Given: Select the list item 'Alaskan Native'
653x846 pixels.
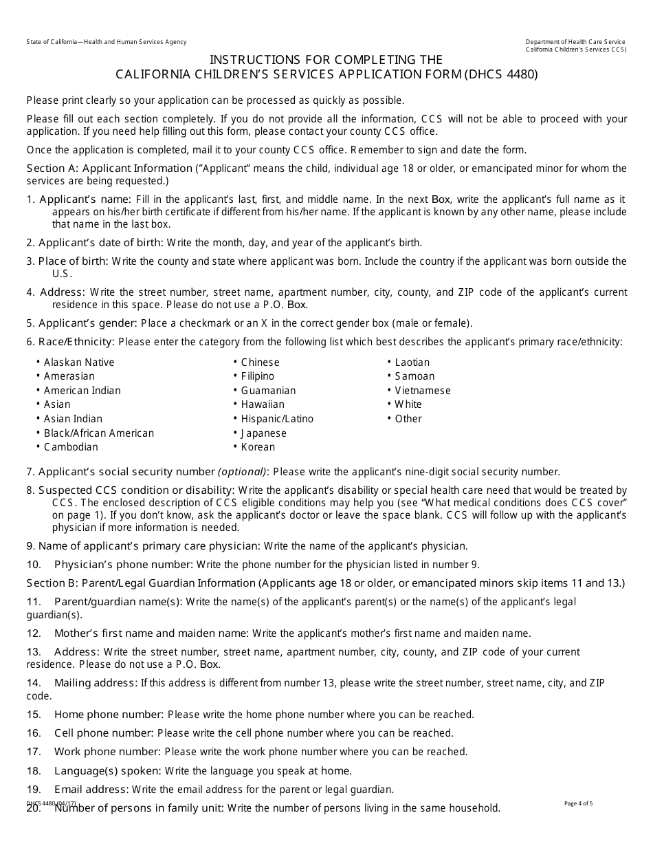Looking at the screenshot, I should tap(79, 362).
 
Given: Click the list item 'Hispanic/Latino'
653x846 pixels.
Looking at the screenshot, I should tap(277, 419).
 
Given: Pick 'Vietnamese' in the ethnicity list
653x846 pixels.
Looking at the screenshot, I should tap(423, 391).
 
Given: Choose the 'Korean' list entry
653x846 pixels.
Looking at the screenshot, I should tap(258, 447).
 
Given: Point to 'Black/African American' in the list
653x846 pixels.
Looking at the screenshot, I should tap(99, 433).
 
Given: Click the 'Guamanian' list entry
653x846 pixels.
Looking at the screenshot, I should tap(268, 391).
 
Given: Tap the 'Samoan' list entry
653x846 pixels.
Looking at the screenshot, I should tap(414, 376).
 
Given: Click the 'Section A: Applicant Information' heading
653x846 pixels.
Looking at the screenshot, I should tap(110, 169).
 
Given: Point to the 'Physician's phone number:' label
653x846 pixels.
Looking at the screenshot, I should tap(124, 565).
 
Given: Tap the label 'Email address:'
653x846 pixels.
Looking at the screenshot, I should tap(91, 790).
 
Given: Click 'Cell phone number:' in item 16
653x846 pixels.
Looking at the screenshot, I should tap(104, 733).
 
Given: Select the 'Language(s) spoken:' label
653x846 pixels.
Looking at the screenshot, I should tap(108, 771).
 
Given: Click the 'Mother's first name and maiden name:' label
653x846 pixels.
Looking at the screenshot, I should tap(151, 633).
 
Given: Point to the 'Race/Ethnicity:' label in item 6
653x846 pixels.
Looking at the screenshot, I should tap(77, 341).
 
